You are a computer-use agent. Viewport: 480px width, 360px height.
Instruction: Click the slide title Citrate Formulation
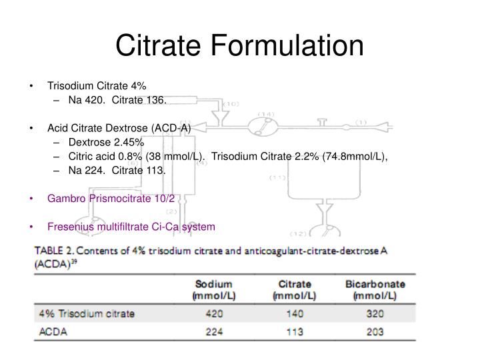click(x=240, y=46)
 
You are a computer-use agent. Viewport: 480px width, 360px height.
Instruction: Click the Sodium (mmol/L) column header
click(x=211, y=289)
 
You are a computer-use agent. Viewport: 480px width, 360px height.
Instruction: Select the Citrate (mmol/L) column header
click(x=295, y=289)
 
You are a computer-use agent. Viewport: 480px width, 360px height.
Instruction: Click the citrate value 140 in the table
click(x=295, y=313)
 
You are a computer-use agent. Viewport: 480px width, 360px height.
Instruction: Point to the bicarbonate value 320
click(x=374, y=313)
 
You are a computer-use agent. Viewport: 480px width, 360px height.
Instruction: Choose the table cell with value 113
click(x=295, y=331)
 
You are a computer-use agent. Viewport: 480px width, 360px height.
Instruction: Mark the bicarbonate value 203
click(x=374, y=331)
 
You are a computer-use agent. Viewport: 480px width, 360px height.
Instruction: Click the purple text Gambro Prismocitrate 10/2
click(x=111, y=198)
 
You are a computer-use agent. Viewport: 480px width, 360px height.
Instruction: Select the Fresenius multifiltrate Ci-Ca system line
click(x=131, y=227)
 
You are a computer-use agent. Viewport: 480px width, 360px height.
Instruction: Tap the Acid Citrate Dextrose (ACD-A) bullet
click(x=119, y=128)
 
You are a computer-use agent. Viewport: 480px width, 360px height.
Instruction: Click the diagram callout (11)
click(x=278, y=177)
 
